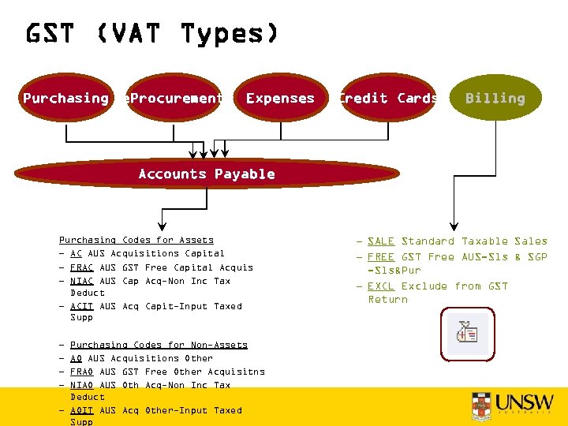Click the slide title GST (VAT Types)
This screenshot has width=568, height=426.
151,34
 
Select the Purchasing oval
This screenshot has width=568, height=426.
66,98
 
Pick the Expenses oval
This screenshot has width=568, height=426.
280,98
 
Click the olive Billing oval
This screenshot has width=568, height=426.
495,98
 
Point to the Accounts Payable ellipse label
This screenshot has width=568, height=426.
207,174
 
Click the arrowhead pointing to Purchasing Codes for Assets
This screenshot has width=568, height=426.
163,224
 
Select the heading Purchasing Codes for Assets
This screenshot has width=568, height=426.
136,240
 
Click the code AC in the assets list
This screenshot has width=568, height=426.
76,253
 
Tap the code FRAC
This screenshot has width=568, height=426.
81,267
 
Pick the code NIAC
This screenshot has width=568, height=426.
81,281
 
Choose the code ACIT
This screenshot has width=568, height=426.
81,306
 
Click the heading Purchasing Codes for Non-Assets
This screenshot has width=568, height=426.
159,345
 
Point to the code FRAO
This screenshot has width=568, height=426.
81,372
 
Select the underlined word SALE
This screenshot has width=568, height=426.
381,241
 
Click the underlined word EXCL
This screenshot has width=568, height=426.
381,286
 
